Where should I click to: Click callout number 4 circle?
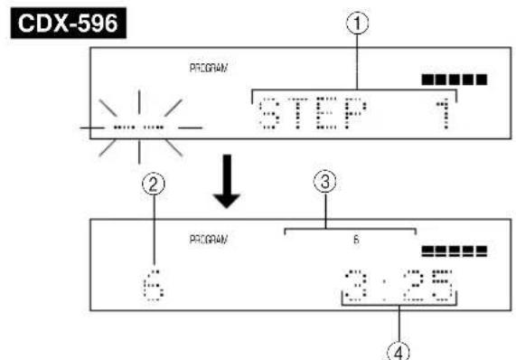[x=399, y=349]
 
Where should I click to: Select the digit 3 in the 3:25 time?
[x=353, y=289]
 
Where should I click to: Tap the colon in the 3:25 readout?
[x=387, y=289]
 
